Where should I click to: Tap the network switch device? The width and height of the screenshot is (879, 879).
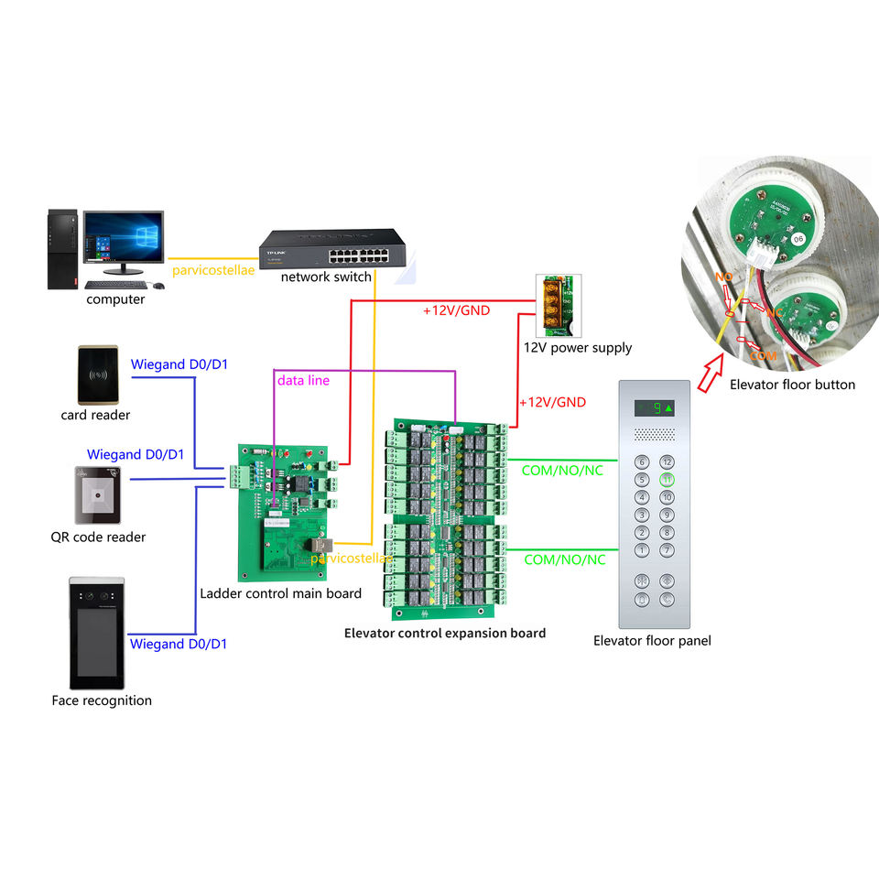coord(331,248)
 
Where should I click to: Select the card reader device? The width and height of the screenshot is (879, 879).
coord(99,374)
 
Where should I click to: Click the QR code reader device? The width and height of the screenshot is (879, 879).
coord(99,494)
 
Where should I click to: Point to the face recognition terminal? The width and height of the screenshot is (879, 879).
coord(96,634)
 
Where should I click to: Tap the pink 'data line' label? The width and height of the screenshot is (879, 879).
coord(303,380)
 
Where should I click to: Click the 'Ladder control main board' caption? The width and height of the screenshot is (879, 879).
coord(280,593)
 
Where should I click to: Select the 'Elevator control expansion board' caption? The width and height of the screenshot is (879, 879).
coord(444,633)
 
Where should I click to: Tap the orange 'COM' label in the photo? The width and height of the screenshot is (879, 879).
coord(762,354)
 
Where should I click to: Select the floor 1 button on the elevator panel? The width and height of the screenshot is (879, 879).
coord(642,550)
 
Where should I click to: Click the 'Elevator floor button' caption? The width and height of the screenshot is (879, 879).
coord(792,385)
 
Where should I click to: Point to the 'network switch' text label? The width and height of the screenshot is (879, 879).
coord(326,277)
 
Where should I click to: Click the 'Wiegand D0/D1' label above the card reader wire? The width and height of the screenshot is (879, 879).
coord(179,364)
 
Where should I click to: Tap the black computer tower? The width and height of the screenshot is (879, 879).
coord(61,249)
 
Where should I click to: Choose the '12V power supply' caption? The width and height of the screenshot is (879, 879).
coord(577,348)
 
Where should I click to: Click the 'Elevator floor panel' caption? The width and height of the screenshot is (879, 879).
coord(652,641)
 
